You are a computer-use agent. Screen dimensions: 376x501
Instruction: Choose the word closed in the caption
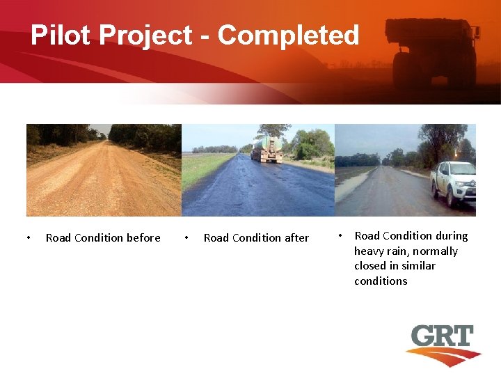[370, 266]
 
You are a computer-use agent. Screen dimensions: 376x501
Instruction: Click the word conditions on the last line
[381, 281]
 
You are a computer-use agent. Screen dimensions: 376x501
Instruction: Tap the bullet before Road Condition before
[28, 238]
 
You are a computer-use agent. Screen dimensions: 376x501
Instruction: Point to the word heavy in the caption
[369, 251]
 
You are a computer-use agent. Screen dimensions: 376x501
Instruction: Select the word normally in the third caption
[437, 251]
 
